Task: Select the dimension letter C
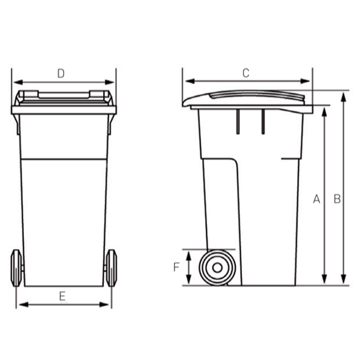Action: (x=245, y=73)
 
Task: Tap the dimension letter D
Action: (x=61, y=73)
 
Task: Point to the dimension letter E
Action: (x=62, y=295)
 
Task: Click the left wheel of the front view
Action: (x=17, y=268)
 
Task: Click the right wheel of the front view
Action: (x=111, y=268)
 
